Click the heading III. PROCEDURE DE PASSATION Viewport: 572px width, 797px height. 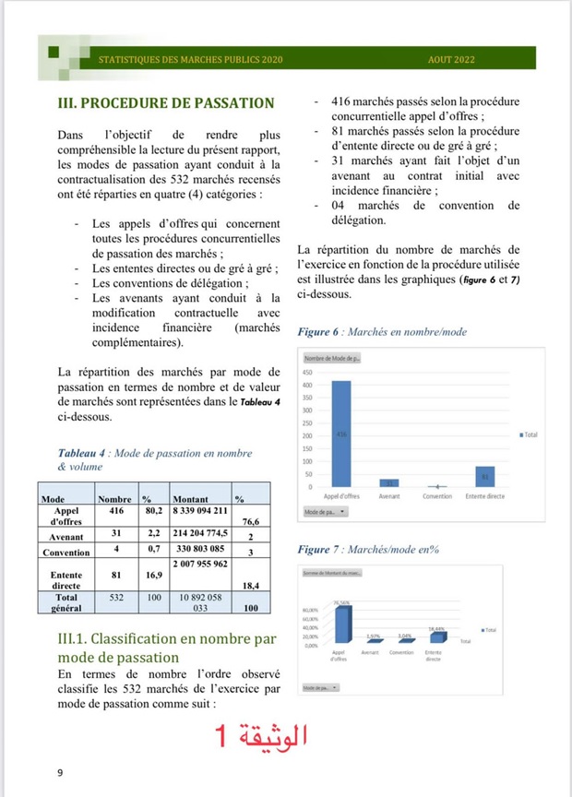[x=166, y=102]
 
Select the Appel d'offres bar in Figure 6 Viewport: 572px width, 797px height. [x=341, y=433]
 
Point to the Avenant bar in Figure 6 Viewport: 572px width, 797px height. [x=390, y=482]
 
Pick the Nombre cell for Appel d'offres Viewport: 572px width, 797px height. [x=116, y=509]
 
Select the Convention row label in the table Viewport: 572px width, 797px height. [x=66, y=552]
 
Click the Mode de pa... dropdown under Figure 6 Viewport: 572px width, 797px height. [x=324, y=510]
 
